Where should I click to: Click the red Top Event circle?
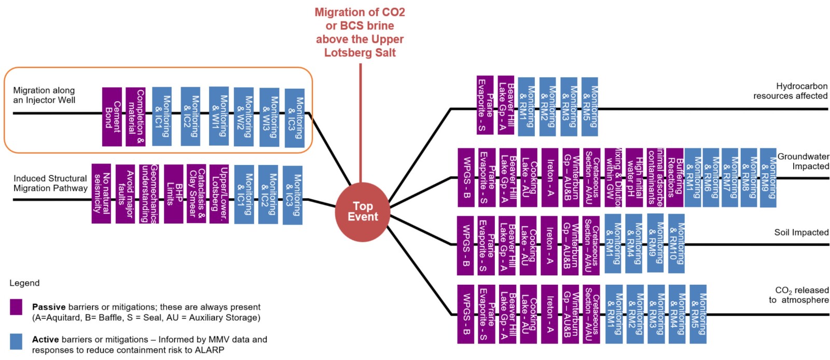(x=362, y=212)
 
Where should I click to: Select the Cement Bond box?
(x=112, y=117)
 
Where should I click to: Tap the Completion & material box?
(x=135, y=117)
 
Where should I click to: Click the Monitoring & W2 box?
(x=243, y=117)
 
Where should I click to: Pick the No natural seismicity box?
(x=101, y=193)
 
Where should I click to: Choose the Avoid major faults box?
(x=125, y=193)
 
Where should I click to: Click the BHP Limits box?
(x=173, y=193)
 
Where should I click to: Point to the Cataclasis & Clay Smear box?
(x=197, y=193)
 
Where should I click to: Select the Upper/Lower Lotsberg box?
(x=219, y=193)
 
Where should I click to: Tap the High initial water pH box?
(x=634, y=177)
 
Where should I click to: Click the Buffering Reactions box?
(x=674, y=177)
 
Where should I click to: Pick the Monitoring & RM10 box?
(x=676, y=244)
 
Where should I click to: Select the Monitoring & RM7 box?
(x=729, y=177)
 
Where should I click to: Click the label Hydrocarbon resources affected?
(x=790, y=91)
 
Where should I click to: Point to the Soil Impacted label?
(x=801, y=232)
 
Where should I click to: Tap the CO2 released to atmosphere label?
(x=798, y=295)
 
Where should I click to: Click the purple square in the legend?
(x=16, y=307)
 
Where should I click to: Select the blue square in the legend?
(x=16, y=341)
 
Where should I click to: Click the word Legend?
(x=24, y=283)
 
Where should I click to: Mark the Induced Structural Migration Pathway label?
(x=50, y=183)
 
